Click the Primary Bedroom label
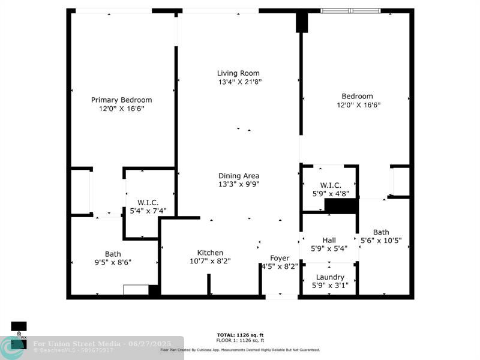click(x=121, y=100)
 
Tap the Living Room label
click(x=238, y=73)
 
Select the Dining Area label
click(x=238, y=176)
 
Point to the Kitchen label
click(x=210, y=253)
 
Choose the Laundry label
click(x=330, y=277)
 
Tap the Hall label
click(x=329, y=239)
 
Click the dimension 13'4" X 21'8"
click(x=239, y=82)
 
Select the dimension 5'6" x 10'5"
click(x=380, y=241)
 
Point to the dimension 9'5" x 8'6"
click(x=113, y=262)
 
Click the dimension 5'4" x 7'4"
click(x=148, y=211)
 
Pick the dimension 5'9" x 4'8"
click(x=331, y=194)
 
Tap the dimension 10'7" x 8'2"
click(x=210, y=261)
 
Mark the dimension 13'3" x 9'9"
click(x=238, y=184)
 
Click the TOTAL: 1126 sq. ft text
click(x=240, y=335)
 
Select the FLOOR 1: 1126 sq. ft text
click(x=240, y=340)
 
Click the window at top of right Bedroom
click(x=350, y=11)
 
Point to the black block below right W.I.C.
click(x=341, y=206)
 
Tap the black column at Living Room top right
click(x=301, y=22)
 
